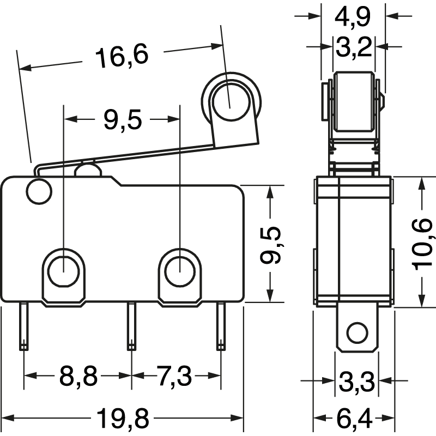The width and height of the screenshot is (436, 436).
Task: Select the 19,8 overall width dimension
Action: (x=123, y=419)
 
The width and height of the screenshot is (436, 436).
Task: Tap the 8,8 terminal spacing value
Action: (x=78, y=376)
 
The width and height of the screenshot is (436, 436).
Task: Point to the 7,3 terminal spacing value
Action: (x=175, y=376)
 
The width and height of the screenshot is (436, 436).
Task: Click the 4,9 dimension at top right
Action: (x=353, y=16)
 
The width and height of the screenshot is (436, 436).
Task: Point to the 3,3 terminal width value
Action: (x=356, y=381)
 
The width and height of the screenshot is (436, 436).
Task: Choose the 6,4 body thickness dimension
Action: (x=354, y=419)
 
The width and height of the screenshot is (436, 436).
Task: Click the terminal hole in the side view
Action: (x=357, y=332)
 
